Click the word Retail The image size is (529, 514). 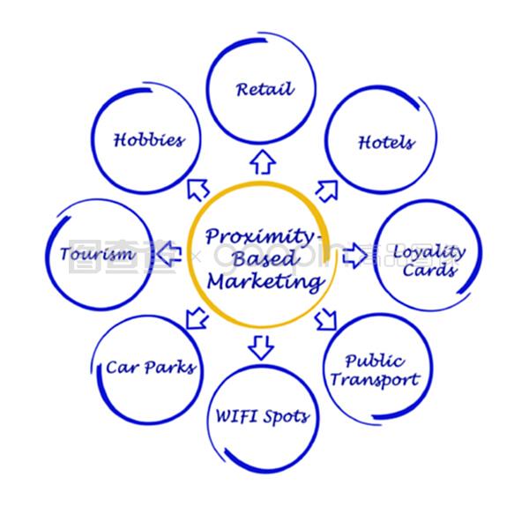pos(264,89)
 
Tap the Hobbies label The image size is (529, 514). pos(149,140)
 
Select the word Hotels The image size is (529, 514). pos(385,142)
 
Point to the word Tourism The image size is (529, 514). pos(98,255)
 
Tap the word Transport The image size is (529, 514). pos(382,381)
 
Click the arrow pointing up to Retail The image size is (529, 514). pos(260,160)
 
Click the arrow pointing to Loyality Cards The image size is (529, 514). pos(354,257)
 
